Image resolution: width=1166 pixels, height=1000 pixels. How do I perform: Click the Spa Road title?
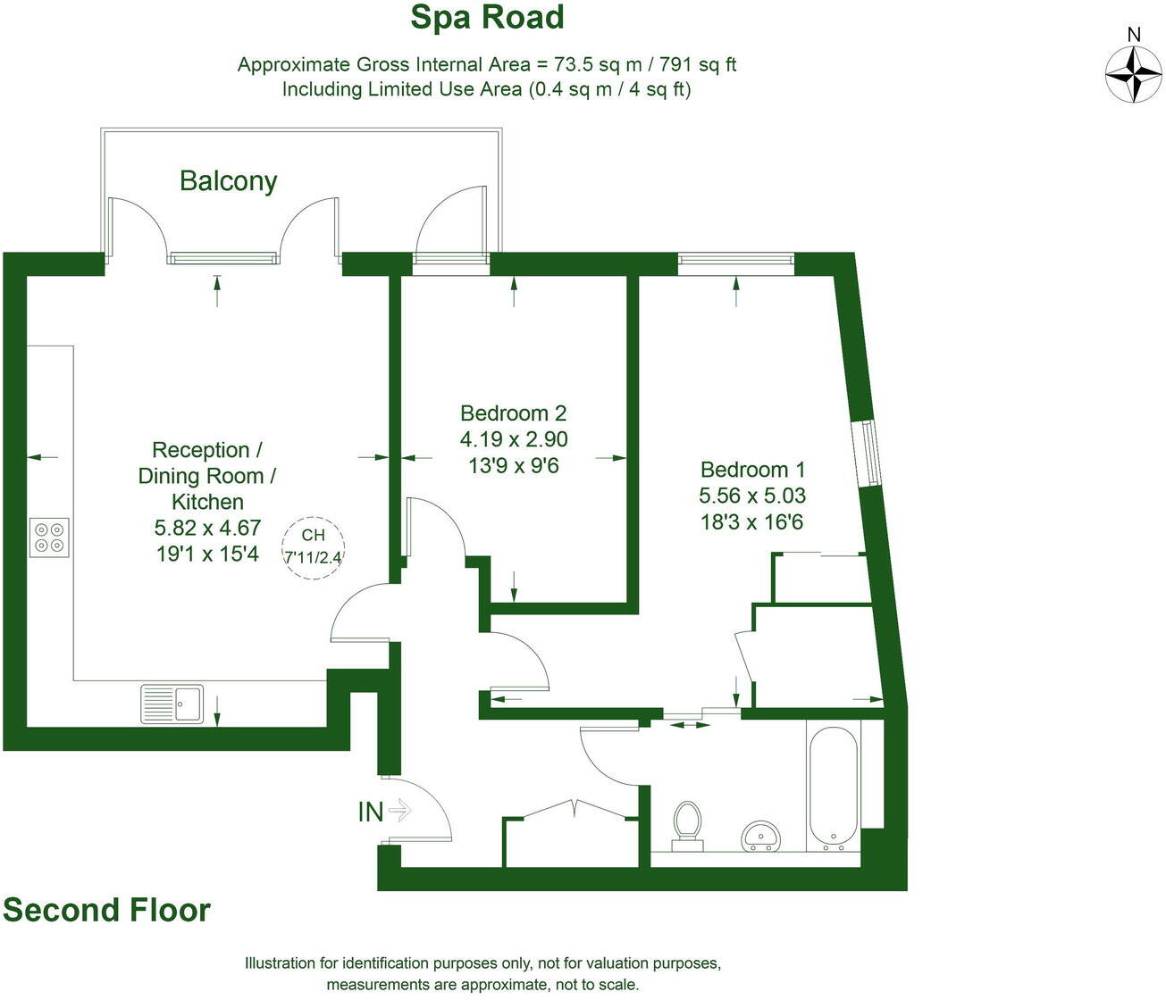coord(487,18)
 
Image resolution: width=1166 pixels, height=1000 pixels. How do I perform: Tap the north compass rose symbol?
coord(1133,76)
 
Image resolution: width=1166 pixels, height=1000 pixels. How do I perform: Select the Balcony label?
coord(229,181)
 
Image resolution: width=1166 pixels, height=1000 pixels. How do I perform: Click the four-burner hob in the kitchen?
coord(49,537)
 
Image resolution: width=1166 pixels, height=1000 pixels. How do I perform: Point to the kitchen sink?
coord(172,704)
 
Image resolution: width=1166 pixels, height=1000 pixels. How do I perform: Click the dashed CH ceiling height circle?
coord(313,548)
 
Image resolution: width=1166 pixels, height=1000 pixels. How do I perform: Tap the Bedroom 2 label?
coord(514,413)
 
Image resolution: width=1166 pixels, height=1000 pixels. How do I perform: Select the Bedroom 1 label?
coord(752,470)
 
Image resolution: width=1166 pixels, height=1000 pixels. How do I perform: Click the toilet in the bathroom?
coord(688,827)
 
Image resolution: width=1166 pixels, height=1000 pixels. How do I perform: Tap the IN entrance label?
coord(371,812)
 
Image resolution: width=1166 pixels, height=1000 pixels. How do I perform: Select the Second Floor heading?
coord(106,910)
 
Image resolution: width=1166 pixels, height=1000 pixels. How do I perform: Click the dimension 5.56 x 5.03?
coord(752,496)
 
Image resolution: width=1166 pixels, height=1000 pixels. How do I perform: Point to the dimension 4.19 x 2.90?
coord(514,439)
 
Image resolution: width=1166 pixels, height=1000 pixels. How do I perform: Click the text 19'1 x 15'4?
coord(207,554)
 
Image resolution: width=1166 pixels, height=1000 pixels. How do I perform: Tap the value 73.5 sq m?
coord(599,64)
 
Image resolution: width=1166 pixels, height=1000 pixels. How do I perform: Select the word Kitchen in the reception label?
coord(207,502)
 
